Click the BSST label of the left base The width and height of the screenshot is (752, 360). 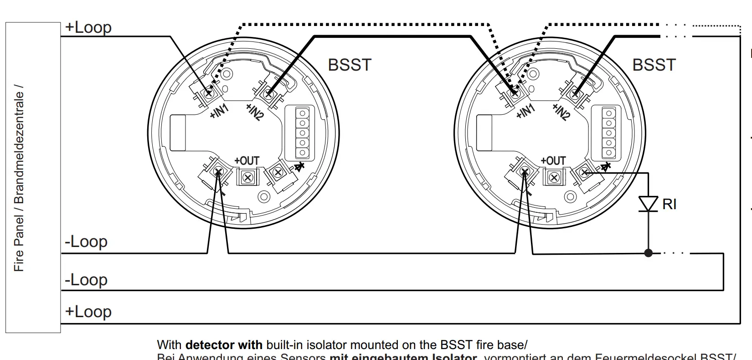point(350,65)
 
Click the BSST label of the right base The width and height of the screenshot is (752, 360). point(654,65)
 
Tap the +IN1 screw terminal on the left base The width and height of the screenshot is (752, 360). point(209,93)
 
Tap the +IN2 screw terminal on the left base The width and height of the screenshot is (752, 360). point(268,93)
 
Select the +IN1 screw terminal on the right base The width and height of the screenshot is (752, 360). point(515,93)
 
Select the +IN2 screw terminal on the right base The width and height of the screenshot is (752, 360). point(575,93)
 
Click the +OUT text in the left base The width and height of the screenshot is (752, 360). point(247,161)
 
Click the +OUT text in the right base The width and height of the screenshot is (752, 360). point(553,161)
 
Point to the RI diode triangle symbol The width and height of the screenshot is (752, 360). point(648,204)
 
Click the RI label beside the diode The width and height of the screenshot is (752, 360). point(669,204)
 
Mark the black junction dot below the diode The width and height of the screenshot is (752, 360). point(648,253)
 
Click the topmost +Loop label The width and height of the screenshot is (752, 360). point(88,27)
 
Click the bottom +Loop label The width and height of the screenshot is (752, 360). point(88,312)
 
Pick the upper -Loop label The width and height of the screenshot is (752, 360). point(86,241)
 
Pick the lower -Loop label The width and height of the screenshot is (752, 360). point(86,279)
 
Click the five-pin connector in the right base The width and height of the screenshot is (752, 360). point(608,134)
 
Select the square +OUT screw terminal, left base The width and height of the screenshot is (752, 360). point(247,177)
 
